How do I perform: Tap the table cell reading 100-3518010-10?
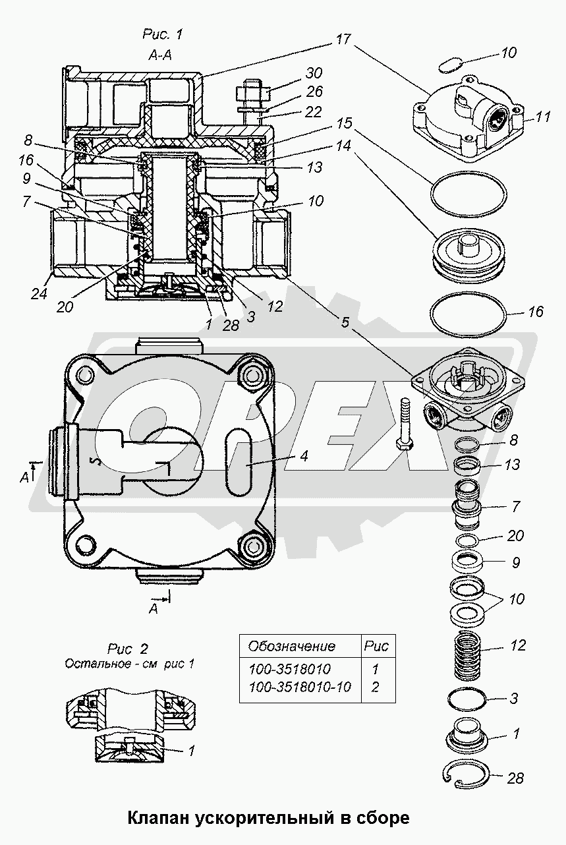300,687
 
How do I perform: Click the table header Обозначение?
291,646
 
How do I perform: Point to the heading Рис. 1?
162,34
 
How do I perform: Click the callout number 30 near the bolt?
314,73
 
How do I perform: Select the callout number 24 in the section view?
40,293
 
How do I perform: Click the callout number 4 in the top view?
304,455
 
